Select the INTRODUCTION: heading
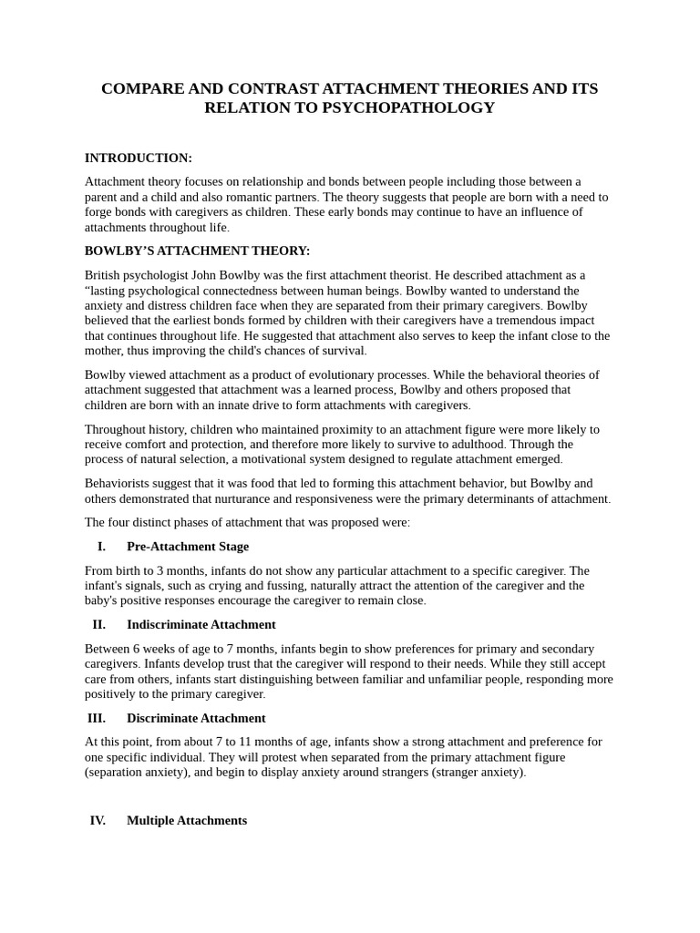coord(139,158)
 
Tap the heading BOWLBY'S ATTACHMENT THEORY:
coord(197,251)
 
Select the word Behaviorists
coord(119,483)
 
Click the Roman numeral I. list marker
coord(101,547)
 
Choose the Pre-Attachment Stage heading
coord(188,547)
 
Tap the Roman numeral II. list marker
coord(99,625)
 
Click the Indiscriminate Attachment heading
coord(201,625)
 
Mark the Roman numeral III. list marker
coord(98,718)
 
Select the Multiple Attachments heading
coord(187,820)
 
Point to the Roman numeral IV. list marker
coord(98,820)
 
